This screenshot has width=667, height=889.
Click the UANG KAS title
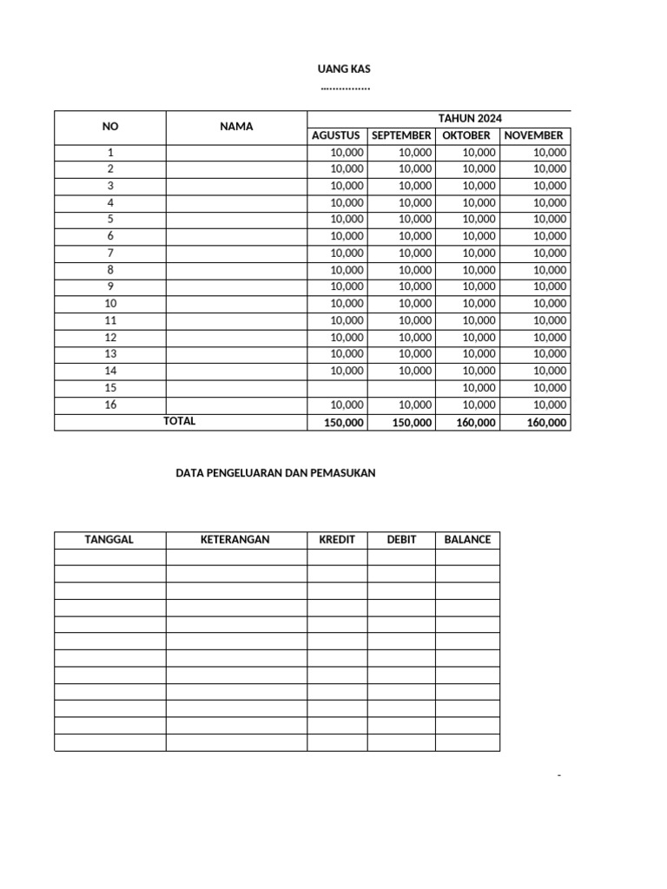[x=345, y=69]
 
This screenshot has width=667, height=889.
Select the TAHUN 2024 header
[x=469, y=119]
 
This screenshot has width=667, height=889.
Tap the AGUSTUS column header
[x=336, y=135]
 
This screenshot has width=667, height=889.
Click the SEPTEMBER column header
[x=401, y=135]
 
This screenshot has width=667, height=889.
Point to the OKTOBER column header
[x=466, y=135]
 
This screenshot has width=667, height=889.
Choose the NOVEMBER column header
[x=533, y=135]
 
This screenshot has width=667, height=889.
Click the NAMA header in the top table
[x=236, y=127]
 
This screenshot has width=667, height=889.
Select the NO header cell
[x=110, y=127]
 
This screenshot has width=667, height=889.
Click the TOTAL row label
[x=180, y=421]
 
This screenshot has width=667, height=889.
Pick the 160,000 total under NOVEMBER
[x=546, y=423]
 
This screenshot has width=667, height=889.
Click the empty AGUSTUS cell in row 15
[x=337, y=388]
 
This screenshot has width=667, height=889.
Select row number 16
[x=110, y=405]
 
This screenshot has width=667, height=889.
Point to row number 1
[x=110, y=152]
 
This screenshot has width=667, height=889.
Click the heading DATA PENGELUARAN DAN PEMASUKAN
[x=275, y=473]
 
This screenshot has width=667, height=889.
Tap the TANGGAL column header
[x=109, y=540]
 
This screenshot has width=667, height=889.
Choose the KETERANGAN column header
[x=235, y=540]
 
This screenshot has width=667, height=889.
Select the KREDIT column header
[x=337, y=540]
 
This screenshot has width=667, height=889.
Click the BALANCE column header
[x=467, y=540]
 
